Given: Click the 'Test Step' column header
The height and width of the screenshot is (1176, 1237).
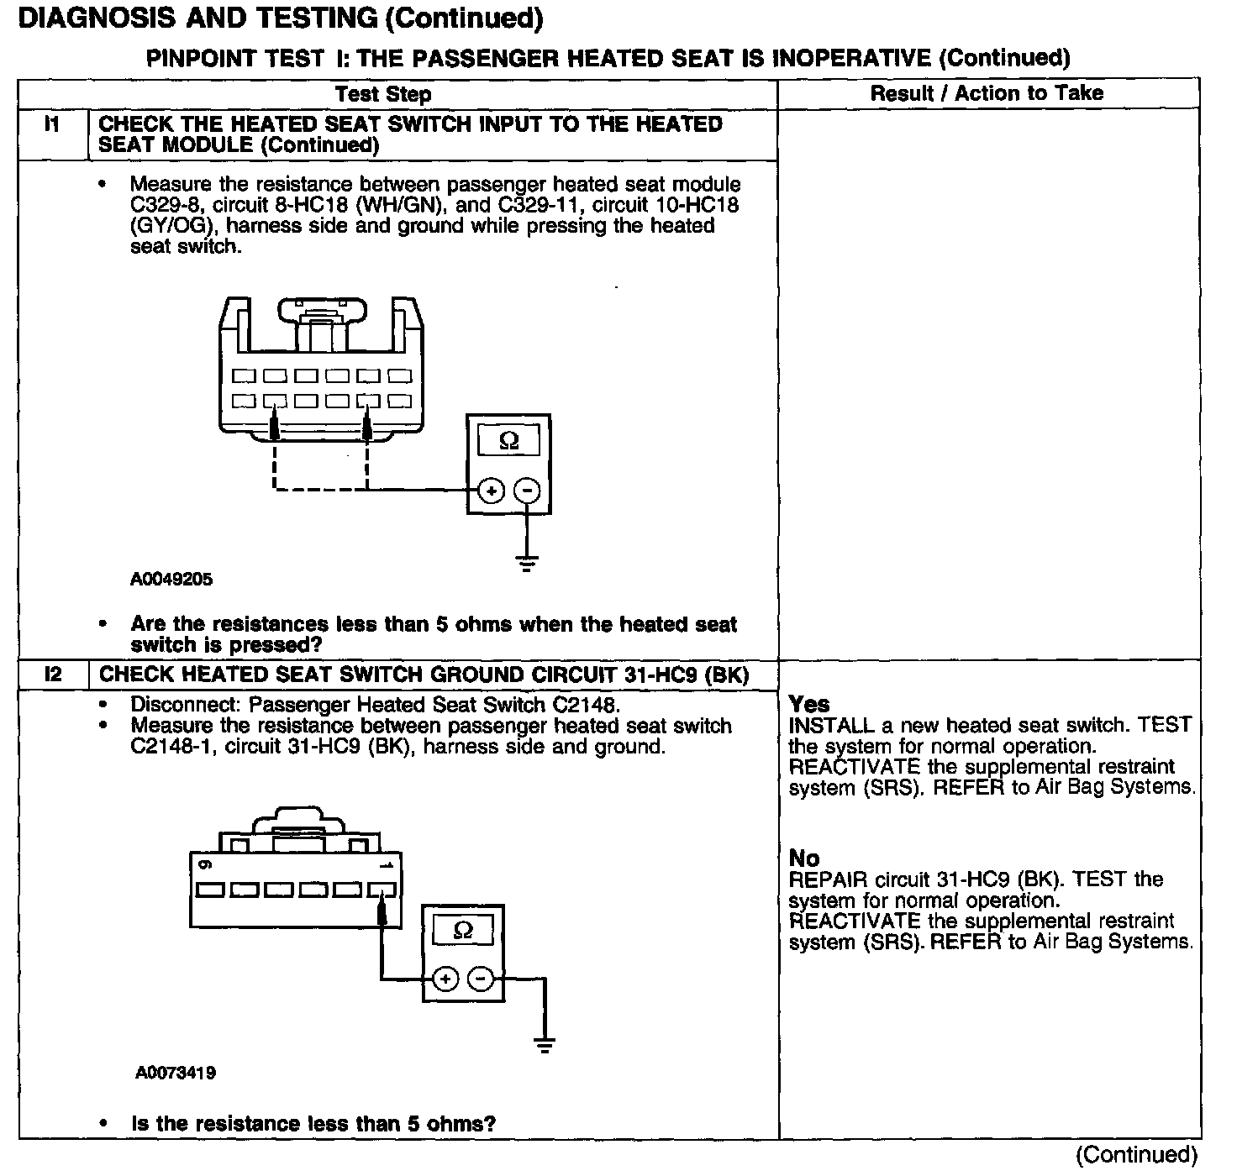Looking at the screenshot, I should (x=383, y=93).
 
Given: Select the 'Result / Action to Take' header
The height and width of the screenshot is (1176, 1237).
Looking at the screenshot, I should (x=987, y=92).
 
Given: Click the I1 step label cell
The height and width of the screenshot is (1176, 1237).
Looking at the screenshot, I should (x=52, y=124).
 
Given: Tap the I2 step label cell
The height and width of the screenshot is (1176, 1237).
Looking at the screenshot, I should (x=52, y=675).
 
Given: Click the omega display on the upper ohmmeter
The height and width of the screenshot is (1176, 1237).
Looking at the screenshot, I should (x=508, y=441).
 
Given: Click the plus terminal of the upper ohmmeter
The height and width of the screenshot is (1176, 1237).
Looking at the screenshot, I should (x=492, y=491).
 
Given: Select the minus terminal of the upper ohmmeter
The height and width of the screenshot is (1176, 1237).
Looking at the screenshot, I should (x=527, y=491).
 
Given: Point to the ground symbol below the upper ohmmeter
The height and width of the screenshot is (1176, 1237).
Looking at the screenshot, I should (x=527, y=562).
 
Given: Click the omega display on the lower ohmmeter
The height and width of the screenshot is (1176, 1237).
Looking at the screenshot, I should (x=463, y=930).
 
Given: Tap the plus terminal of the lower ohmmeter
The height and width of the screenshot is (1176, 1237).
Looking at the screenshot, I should (x=445, y=979).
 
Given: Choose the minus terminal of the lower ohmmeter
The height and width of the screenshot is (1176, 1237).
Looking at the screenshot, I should (x=481, y=979).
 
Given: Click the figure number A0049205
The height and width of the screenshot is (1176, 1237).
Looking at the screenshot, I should (x=171, y=579).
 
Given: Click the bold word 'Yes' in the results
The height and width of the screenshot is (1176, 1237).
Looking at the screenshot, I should (x=808, y=704).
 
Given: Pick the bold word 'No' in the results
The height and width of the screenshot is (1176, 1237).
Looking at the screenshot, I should (x=803, y=858).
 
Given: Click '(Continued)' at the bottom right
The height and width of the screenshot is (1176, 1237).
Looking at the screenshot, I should (x=1135, y=1155).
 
